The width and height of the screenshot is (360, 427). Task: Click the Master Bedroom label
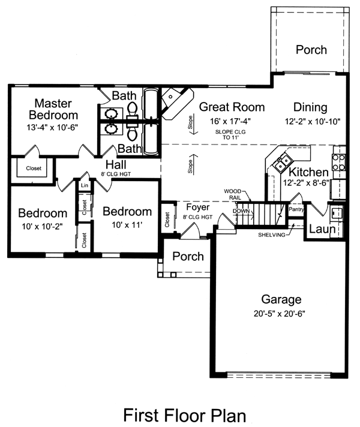click(53, 109)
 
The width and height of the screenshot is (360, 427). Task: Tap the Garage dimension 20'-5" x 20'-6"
click(280, 314)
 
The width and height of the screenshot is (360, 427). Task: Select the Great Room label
click(232, 107)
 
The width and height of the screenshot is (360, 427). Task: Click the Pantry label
click(296, 209)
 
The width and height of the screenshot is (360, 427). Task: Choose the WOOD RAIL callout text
click(233, 194)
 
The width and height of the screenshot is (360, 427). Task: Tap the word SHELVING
click(272, 234)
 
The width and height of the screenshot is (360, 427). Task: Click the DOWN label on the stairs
click(241, 211)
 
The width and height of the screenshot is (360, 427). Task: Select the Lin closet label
click(85, 185)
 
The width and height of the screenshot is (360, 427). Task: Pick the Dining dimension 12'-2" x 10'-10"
click(313, 121)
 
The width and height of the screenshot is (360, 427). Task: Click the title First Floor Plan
click(184, 415)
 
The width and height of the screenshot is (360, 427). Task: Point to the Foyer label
click(198, 208)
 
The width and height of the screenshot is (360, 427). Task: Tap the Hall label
click(116, 164)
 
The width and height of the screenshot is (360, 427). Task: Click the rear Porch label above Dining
click(311, 50)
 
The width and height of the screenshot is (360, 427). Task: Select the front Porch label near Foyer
click(188, 256)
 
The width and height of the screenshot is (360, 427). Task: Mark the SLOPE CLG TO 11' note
click(230, 134)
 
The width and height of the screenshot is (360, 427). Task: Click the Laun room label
click(322, 229)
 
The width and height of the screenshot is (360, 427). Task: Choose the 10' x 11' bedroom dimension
click(127, 225)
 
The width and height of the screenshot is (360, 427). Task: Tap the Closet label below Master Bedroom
click(34, 169)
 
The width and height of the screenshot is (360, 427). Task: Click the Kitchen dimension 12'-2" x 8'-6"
click(307, 183)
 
